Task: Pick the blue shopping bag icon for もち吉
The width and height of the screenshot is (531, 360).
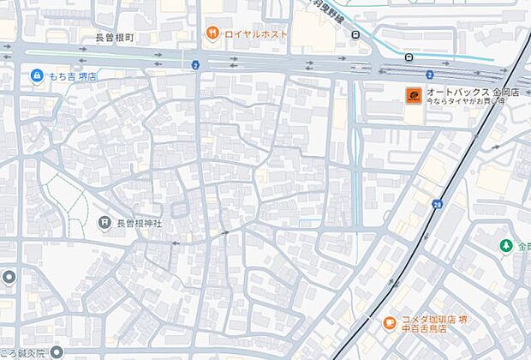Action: pos(37,76)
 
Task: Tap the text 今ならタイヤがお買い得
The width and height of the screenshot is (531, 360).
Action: pos(466,102)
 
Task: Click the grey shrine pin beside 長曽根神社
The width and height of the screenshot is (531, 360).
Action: pos(104,223)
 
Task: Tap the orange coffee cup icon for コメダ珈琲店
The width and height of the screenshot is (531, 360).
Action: pos(390,323)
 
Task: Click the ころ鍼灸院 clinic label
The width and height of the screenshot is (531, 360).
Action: pos(23,352)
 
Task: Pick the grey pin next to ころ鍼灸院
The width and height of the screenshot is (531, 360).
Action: pos(56,352)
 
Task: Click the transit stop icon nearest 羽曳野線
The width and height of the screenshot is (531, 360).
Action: pos(355,35)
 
